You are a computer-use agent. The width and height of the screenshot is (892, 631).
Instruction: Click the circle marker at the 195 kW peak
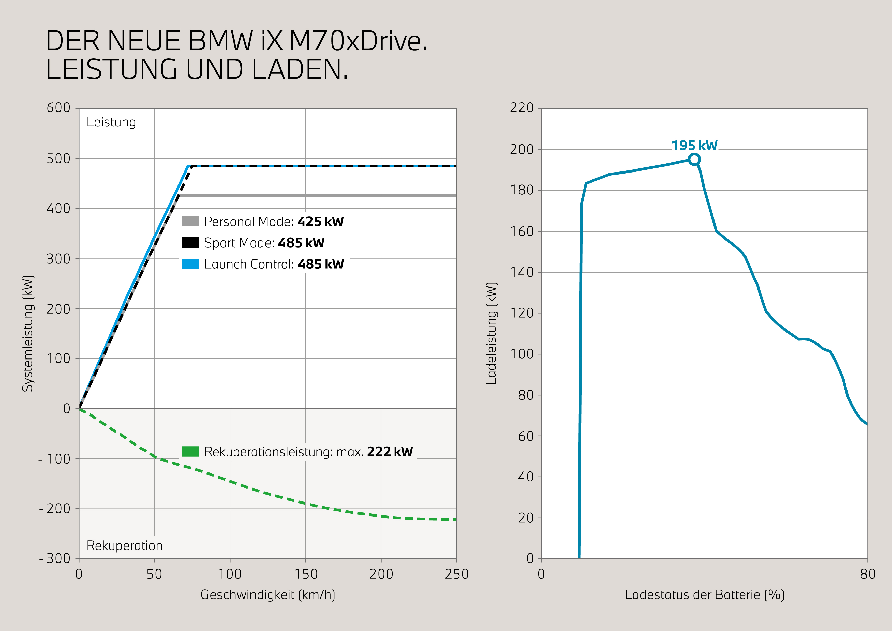click(x=694, y=159)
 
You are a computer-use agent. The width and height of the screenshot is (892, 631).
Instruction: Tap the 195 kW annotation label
click(x=694, y=145)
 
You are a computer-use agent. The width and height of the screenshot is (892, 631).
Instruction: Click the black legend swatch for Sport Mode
click(x=190, y=242)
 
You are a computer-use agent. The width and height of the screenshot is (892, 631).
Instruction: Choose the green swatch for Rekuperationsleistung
click(x=190, y=451)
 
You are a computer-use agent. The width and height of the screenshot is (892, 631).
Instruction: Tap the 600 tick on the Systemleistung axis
click(x=59, y=108)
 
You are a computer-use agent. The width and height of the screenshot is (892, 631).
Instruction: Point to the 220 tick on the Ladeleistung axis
click(x=522, y=108)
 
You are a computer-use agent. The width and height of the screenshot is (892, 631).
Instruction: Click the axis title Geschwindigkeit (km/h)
click(x=268, y=595)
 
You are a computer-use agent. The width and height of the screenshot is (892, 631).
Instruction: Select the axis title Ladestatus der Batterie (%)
click(x=704, y=595)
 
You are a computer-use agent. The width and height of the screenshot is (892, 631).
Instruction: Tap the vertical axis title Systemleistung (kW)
click(x=28, y=333)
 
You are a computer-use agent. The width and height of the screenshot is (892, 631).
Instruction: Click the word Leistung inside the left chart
click(x=111, y=122)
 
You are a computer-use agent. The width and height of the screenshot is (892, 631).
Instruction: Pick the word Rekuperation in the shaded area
click(x=124, y=546)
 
